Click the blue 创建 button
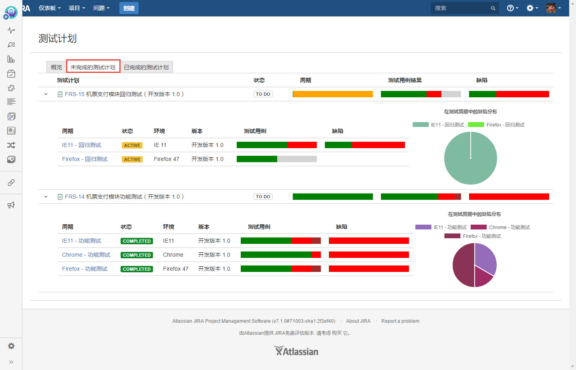(x=129, y=8)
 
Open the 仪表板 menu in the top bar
(x=50, y=8)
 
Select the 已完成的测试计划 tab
(x=146, y=67)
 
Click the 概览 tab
(x=56, y=67)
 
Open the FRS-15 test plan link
(x=124, y=94)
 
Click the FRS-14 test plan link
(x=124, y=197)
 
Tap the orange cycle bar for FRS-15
(x=333, y=94)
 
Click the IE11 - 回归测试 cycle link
(x=82, y=145)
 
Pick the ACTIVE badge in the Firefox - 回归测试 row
(x=132, y=159)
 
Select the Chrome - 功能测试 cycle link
(x=86, y=255)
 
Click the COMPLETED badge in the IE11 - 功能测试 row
(x=137, y=241)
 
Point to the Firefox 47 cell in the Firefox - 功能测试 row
(x=175, y=269)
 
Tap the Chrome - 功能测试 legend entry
(x=500, y=227)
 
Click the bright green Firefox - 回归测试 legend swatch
(x=476, y=125)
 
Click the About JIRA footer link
(x=358, y=321)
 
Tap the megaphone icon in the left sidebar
(x=11, y=205)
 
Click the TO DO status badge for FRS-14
(x=263, y=197)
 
